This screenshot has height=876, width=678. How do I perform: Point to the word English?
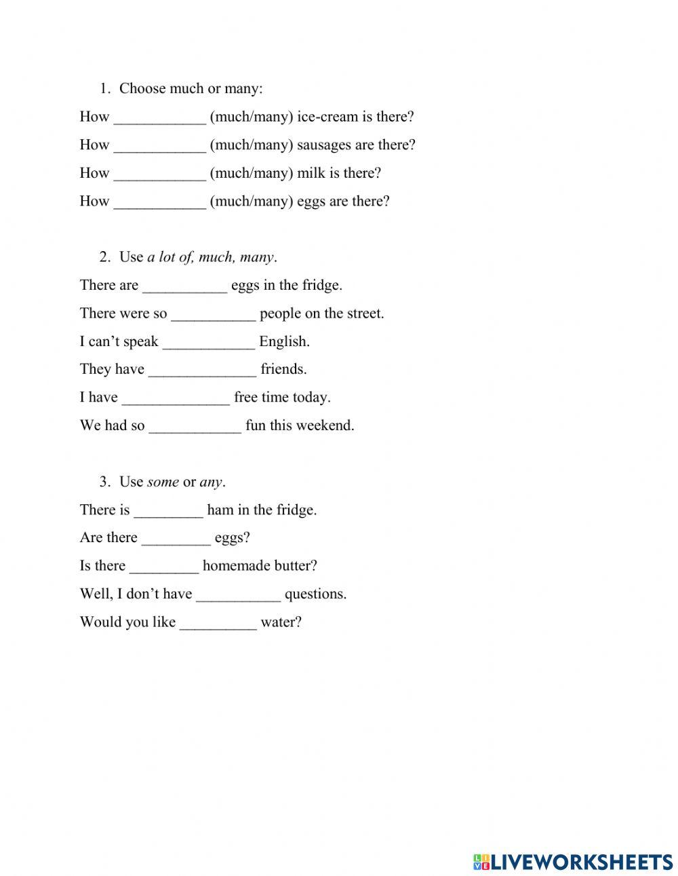(x=284, y=341)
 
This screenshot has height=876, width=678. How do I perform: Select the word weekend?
(x=328, y=425)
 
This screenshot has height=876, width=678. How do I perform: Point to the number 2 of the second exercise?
(x=104, y=257)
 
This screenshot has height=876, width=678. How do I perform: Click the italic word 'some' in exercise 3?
(x=163, y=482)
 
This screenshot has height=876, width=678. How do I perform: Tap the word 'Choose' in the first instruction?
(x=142, y=89)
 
